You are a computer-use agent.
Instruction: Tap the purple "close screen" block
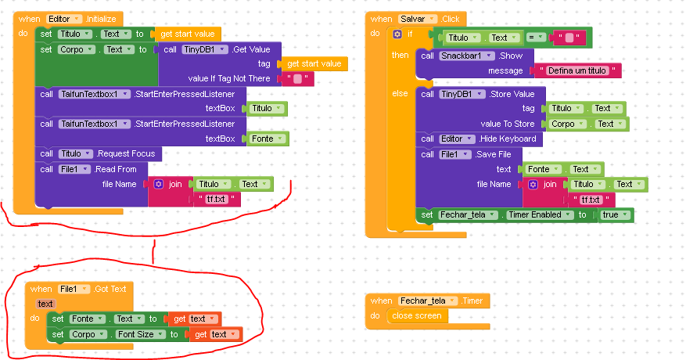click(x=418, y=315)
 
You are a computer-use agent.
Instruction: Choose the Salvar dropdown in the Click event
click(x=417, y=18)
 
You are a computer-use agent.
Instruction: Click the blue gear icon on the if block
click(x=397, y=34)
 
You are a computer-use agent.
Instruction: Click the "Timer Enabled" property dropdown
click(x=534, y=214)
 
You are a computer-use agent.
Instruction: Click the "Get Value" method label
click(x=251, y=49)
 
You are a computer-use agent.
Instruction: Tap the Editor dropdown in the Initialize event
click(x=63, y=18)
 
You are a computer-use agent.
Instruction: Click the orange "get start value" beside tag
click(x=314, y=63)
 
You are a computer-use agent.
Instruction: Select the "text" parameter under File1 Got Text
click(x=45, y=303)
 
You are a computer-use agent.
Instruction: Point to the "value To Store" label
click(x=508, y=124)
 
